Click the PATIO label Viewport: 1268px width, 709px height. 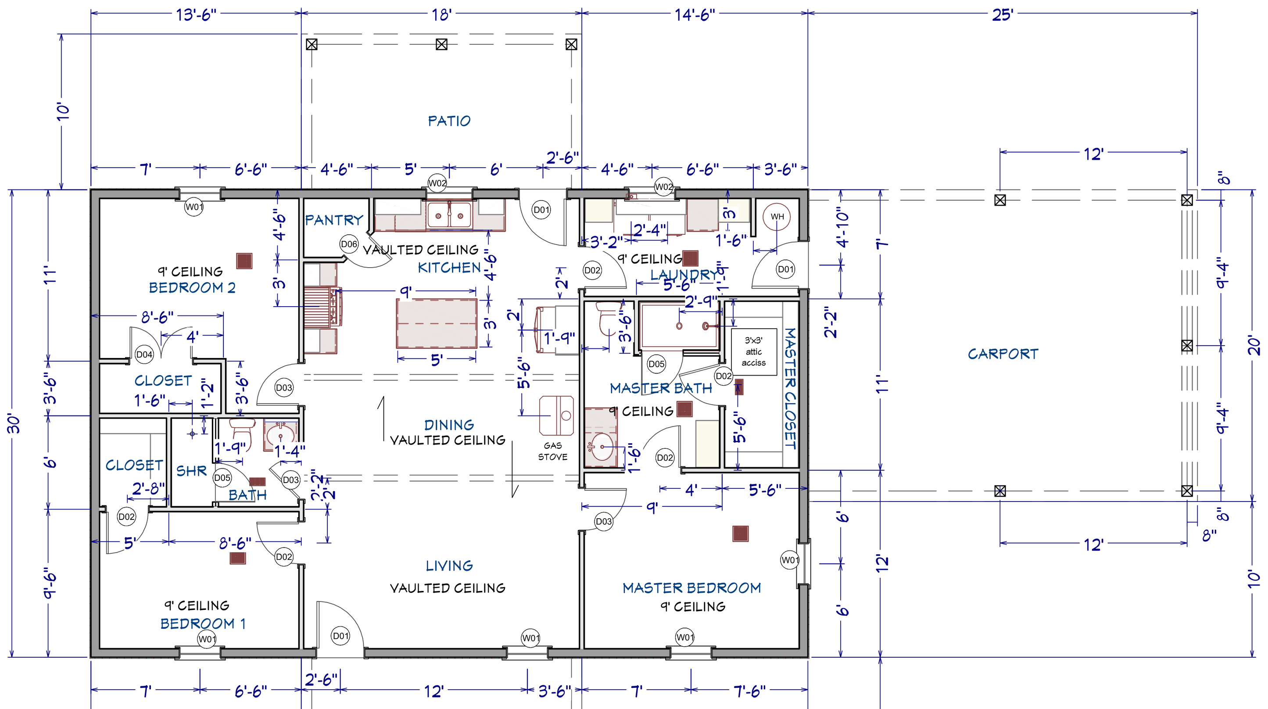449,121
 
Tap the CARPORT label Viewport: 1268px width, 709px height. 1003,354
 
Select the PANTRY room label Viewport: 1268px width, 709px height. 334,220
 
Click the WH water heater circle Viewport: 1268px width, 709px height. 777,217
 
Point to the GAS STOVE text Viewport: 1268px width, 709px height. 552,451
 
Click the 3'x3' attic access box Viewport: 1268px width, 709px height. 754,351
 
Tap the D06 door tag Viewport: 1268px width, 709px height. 349,244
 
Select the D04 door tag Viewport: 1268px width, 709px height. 144,354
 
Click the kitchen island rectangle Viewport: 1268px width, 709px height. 437,323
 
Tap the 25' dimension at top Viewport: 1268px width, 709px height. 1002,15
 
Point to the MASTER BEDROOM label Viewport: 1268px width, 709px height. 691,588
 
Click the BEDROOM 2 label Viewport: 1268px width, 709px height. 192,287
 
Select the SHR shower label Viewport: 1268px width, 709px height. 191,471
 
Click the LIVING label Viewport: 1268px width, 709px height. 449,566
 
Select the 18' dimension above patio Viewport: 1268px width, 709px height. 441,15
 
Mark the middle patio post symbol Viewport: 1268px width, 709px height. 441,45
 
